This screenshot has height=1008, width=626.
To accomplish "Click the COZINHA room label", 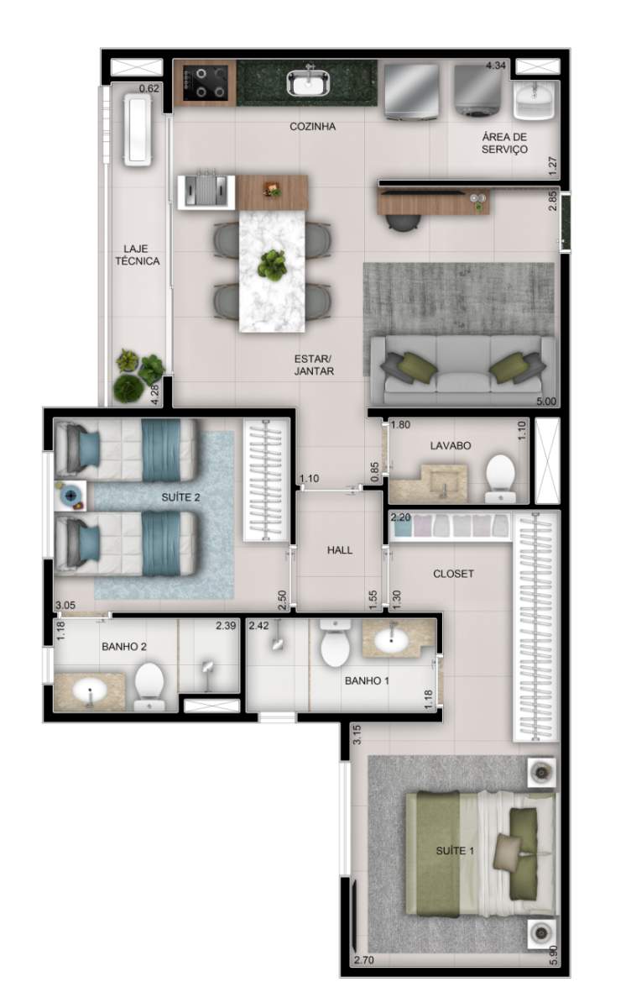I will click(x=312, y=127).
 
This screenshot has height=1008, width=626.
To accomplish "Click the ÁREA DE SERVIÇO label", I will click(x=504, y=143).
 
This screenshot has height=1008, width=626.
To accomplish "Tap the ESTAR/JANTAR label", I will click(x=315, y=364).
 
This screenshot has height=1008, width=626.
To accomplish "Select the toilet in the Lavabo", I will click(x=501, y=478).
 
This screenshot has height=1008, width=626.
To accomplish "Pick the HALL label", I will click(x=339, y=550).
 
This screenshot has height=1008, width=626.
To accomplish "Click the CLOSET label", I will click(x=453, y=574).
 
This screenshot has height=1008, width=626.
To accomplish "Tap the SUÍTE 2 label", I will click(x=180, y=497).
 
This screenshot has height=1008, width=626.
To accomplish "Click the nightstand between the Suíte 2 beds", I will click(x=70, y=496).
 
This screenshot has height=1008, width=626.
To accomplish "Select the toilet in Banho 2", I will click(x=150, y=681).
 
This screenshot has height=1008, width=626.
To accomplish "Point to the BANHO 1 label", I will click(x=367, y=680).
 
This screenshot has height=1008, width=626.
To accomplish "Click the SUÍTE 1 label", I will click(x=455, y=851).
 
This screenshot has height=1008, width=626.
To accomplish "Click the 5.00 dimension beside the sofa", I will click(x=545, y=402).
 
